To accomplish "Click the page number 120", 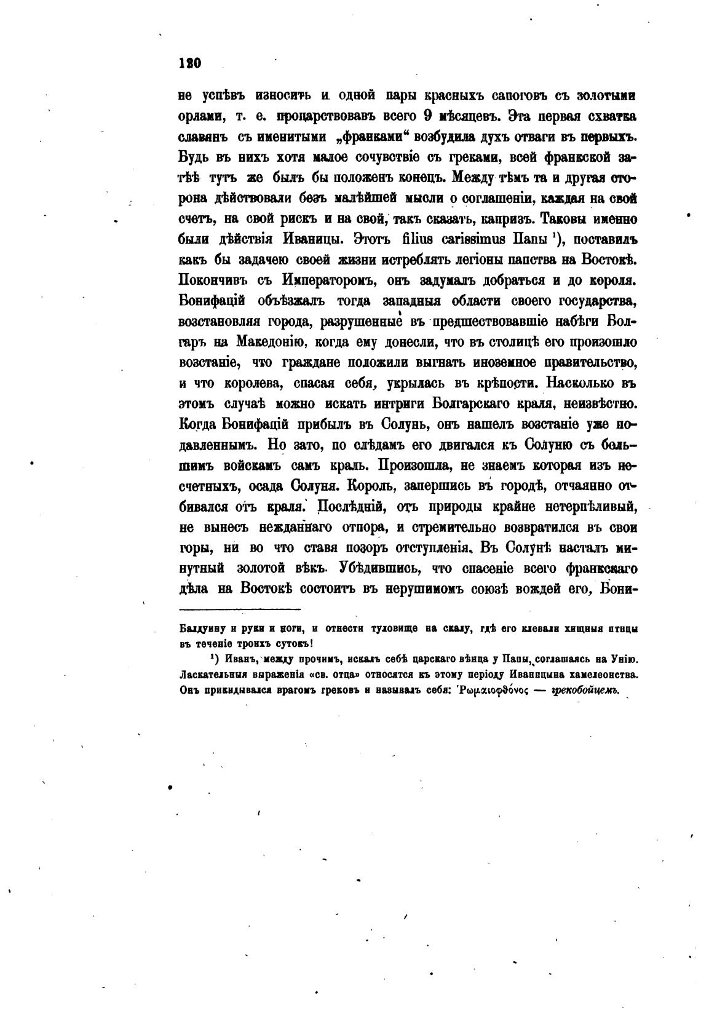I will coord(190,63).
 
